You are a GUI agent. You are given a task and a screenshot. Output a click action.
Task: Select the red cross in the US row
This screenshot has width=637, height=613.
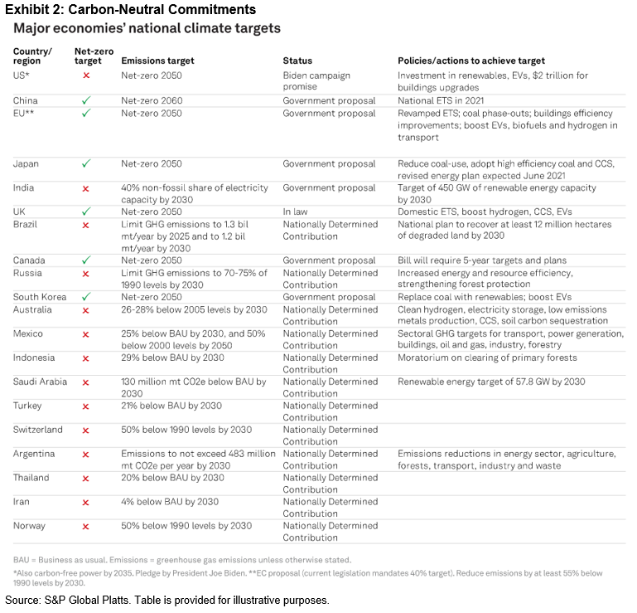click(86, 75)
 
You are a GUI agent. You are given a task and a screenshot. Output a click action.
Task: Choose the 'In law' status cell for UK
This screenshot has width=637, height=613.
click(296, 212)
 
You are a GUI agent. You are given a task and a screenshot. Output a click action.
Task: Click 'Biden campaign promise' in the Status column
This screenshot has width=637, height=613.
click(317, 81)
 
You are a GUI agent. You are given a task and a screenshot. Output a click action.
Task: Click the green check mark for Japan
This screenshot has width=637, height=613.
click(86, 164)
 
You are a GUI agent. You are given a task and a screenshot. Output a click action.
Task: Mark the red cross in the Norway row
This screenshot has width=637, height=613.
click(86, 526)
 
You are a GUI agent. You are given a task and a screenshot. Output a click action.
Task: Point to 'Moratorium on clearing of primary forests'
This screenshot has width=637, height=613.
click(487, 358)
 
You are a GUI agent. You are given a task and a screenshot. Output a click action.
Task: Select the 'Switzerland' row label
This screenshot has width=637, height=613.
click(38, 431)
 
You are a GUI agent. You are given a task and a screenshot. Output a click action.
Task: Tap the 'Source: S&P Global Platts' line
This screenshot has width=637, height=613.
click(166, 601)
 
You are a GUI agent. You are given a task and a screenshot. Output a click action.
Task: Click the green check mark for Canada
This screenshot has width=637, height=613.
click(86, 260)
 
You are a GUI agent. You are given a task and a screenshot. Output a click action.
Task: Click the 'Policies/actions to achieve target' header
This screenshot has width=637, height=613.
click(471, 61)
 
